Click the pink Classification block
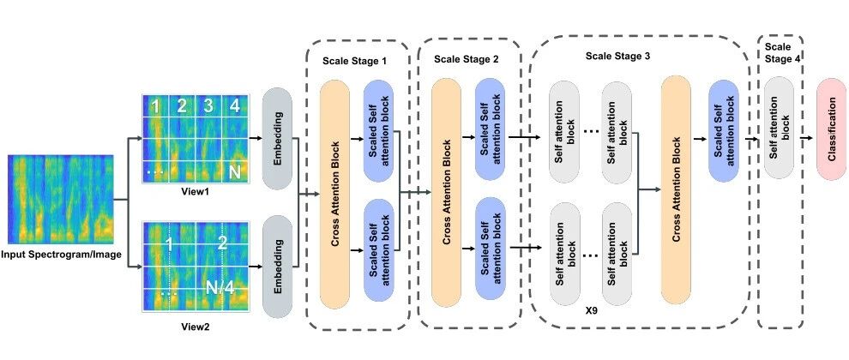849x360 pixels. pyautogui.click(x=831, y=129)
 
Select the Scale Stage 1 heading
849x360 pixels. pyautogui.click(x=354, y=61)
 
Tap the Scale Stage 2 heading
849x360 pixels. pyautogui.click(x=467, y=58)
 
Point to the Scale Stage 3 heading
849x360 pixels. pyautogui.click(x=617, y=56)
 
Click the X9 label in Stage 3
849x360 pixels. pyautogui.click(x=591, y=312)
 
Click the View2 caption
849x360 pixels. pyautogui.click(x=196, y=327)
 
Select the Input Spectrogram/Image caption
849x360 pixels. pyautogui.click(x=61, y=255)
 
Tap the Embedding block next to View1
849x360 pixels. pyautogui.click(x=277, y=138)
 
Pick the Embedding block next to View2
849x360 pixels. pyautogui.click(x=277, y=267)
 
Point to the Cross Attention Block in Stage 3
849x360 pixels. pyautogui.click(x=676, y=189)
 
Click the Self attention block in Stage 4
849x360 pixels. pyautogui.click(x=780, y=128)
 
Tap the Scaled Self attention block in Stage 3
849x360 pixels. pyautogui.click(x=724, y=130)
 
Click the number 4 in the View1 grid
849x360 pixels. pyautogui.click(x=234, y=106)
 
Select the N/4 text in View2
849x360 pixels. pyautogui.click(x=220, y=288)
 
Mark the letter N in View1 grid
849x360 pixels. pyautogui.click(x=234, y=172)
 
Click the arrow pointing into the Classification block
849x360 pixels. pyautogui.click(x=805, y=138)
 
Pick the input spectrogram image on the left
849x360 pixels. pyautogui.click(x=61, y=199)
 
